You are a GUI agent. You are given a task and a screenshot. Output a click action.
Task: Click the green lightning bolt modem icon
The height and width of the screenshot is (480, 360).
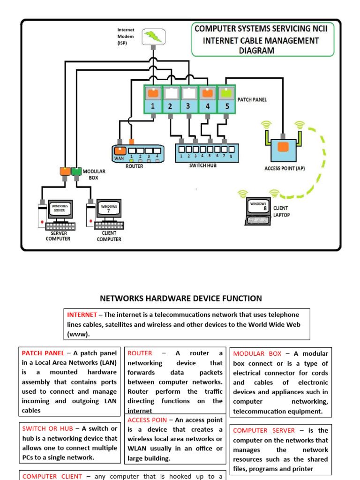(153, 37)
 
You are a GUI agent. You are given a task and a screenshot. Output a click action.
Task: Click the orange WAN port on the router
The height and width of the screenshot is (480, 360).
(120, 151)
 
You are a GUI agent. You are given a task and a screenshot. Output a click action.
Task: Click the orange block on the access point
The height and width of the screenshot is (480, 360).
(283, 147)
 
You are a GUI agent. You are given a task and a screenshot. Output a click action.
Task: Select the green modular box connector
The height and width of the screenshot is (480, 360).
(76, 172)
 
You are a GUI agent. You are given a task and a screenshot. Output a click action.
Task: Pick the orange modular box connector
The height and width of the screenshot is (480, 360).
(65, 172)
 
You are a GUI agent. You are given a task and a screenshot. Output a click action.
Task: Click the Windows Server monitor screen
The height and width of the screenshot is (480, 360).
(60, 209)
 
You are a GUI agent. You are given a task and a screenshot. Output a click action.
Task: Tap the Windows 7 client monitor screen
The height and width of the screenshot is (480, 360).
(109, 209)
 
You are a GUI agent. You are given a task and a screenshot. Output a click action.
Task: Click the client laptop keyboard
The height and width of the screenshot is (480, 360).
(258, 219)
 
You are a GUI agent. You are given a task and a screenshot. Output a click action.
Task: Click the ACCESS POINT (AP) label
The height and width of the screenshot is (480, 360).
(285, 168)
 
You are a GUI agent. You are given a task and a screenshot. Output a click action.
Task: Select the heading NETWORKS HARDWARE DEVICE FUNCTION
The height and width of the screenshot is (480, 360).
(181, 299)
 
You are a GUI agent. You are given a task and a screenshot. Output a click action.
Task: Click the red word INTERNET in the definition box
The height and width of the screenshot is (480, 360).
(82, 315)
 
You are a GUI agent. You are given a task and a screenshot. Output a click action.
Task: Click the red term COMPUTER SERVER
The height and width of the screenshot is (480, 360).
(264, 430)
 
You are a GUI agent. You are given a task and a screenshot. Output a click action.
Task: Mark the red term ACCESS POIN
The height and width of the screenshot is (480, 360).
(147, 420)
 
